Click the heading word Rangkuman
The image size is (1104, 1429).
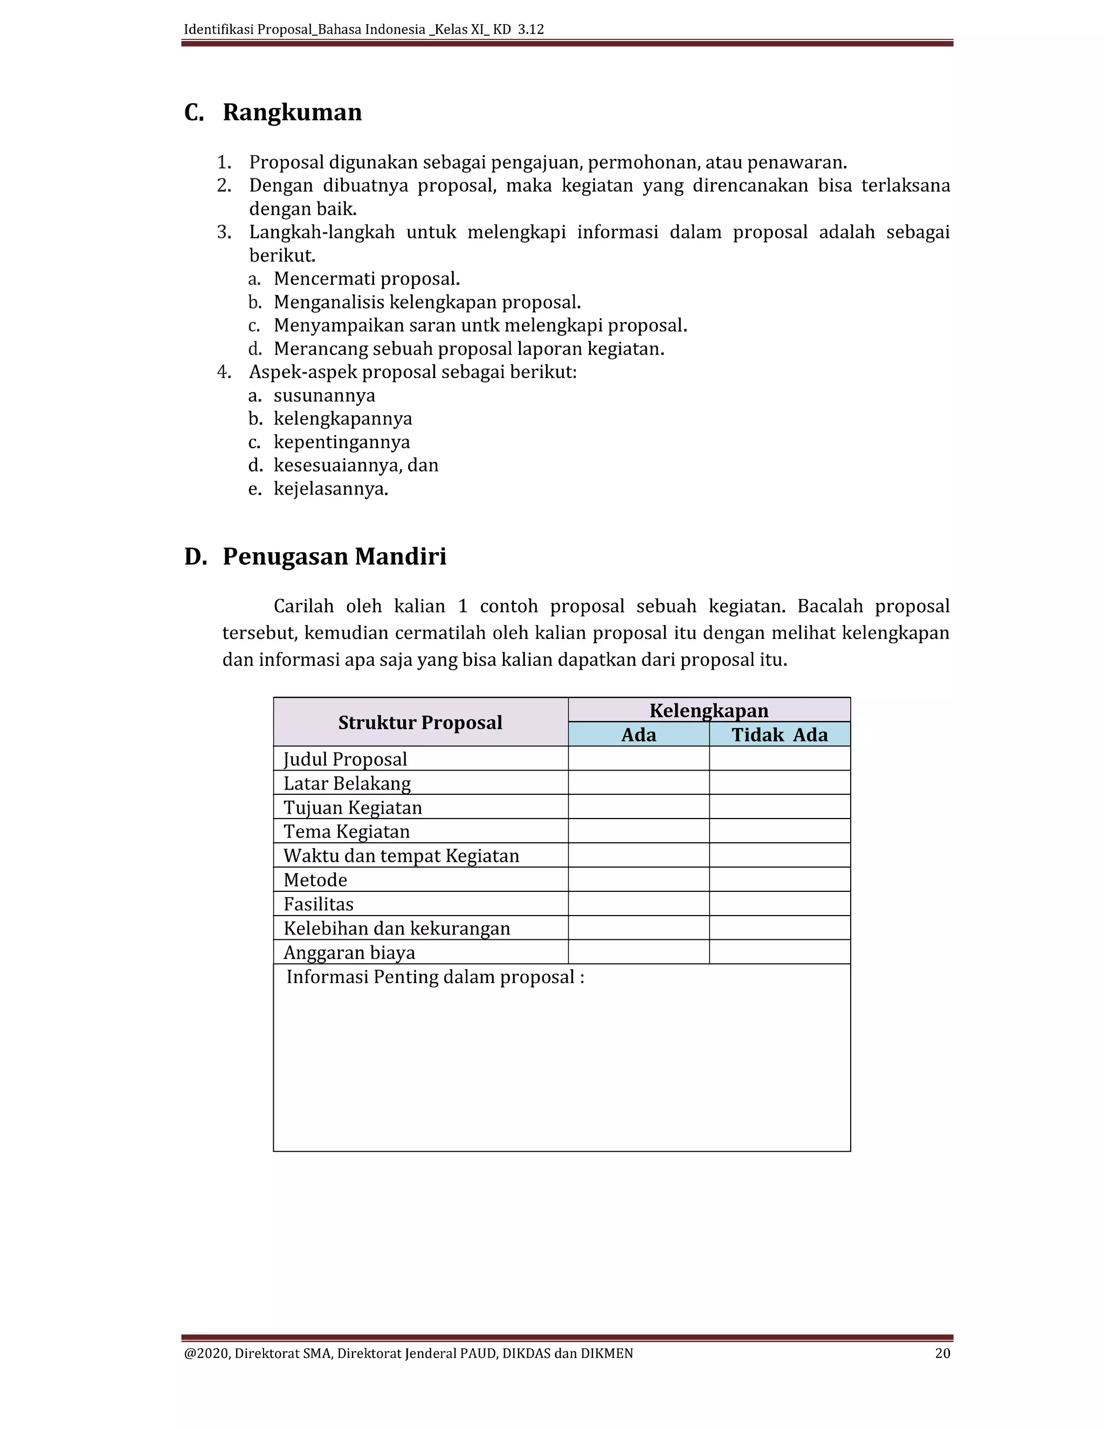pos(292,113)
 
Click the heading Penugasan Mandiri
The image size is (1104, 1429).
pos(334,557)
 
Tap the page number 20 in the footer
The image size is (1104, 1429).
pos(942,1353)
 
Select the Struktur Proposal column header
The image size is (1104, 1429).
pos(420,723)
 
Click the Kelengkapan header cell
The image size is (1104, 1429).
pos(708,711)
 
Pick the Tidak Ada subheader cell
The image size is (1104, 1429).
pos(779,735)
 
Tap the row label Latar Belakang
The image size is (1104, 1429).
pos(347,783)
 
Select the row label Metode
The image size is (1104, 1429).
pos(315,880)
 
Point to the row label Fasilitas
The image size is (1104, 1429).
pos(319,904)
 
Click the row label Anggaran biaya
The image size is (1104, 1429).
pos(349,953)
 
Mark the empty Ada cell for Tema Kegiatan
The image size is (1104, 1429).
pos(638,831)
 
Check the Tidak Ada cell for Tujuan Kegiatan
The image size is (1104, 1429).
pos(779,807)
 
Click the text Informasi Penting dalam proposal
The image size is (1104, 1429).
pos(434,977)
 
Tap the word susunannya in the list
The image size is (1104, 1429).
pos(325,396)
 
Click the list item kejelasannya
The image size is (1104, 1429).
pos(330,489)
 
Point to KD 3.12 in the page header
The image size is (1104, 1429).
pos(518,30)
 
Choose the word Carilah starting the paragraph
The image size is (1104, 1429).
pos(303,607)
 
